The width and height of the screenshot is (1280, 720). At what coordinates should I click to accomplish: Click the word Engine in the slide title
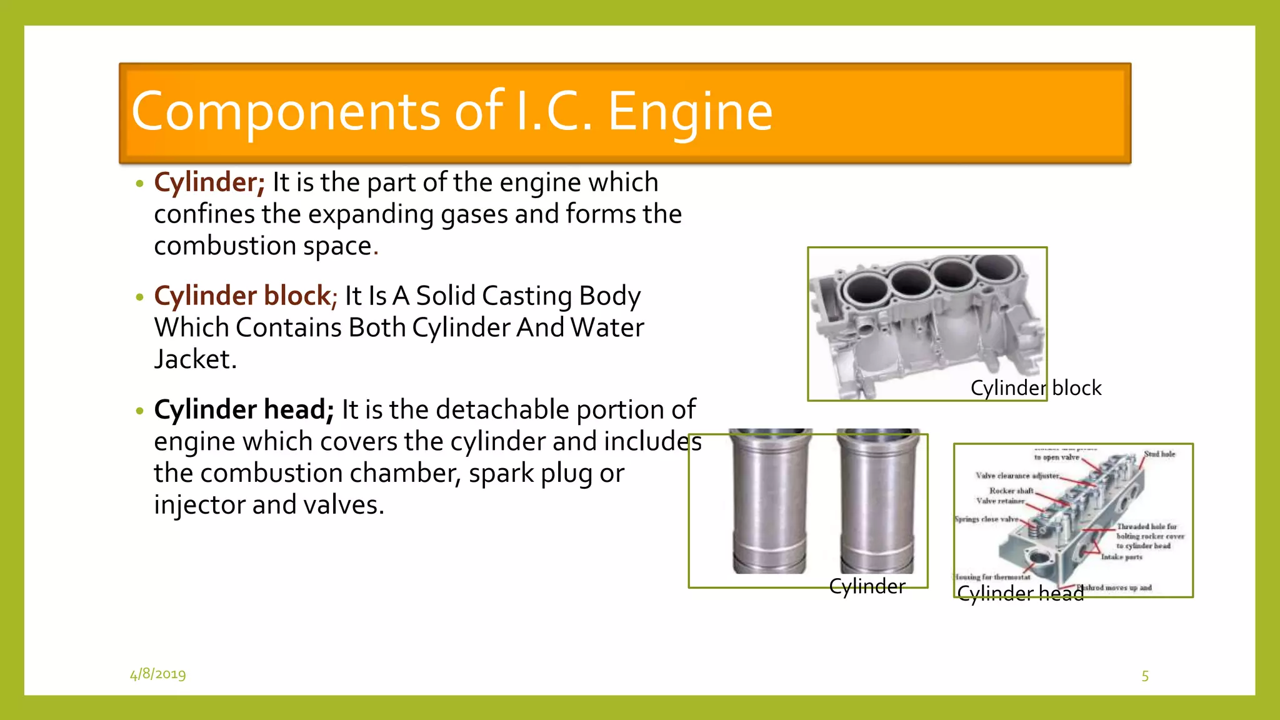(x=690, y=112)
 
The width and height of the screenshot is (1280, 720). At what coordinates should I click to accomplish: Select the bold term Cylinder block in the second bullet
(x=242, y=296)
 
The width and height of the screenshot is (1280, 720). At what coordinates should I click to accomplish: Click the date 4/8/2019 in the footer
(x=157, y=674)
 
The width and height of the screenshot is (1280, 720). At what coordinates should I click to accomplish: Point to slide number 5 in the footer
(x=1145, y=676)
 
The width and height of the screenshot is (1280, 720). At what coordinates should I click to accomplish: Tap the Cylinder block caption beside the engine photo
(x=1036, y=388)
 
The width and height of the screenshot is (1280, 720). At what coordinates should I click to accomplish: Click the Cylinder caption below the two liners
(x=867, y=586)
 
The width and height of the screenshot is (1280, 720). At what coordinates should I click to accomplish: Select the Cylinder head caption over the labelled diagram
(x=1020, y=593)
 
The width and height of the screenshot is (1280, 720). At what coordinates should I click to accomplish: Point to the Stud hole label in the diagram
(x=1159, y=454)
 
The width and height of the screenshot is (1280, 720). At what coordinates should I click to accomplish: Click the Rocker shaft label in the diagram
(x=1011, y=491)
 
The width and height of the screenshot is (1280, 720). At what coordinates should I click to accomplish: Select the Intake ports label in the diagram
(x=1121, y=557)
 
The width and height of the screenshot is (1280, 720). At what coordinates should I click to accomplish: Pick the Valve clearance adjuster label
(x=1017, y=476)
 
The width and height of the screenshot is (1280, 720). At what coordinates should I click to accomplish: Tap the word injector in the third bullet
(x=199, y=505)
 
